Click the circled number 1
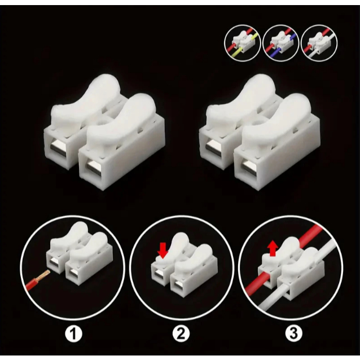tap(73, 334)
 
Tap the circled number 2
tap(181, 334)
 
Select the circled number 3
tap(293, 333)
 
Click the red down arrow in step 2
tap(163, 251)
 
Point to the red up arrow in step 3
tap(273, 248)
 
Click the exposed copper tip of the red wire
tap(46, 274)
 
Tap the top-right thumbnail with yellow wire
tap(243, 43)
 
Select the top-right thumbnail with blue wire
tap(280, 43)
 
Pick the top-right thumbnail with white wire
tap(319, 43)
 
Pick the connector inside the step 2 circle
tap(185, 265)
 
